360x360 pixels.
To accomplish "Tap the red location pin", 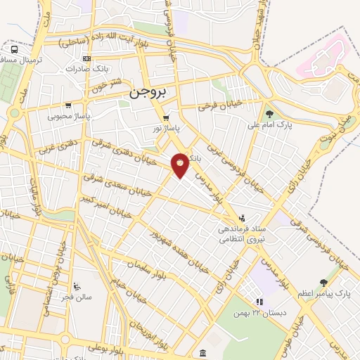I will point(180,164).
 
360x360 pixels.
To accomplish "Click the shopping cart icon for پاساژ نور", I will point(166,118).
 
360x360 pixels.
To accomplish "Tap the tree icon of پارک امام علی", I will point(269,113).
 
